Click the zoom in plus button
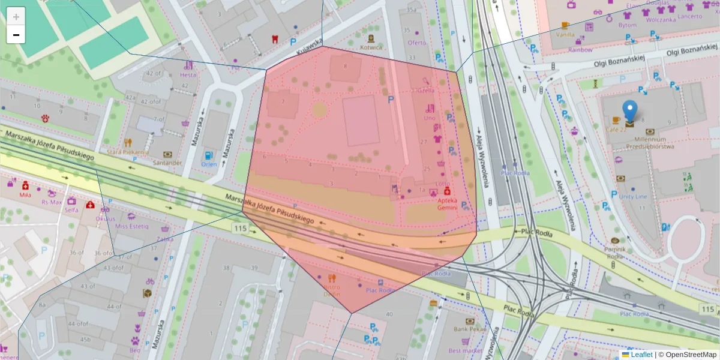pos(16,16)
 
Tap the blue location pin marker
pos(629,112)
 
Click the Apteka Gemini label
pos(448,204)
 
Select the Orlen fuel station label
pos(209,164)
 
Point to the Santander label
pos(167,163)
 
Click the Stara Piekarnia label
pos(128,152)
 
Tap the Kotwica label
pos(371,47)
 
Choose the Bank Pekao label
pos(469,329)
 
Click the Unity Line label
pos(633,196)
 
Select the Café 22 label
pos(616,130)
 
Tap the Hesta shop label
pos(188,75)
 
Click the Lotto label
pos(442,184)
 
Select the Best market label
pos(465,350)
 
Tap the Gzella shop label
pos(425,91)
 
